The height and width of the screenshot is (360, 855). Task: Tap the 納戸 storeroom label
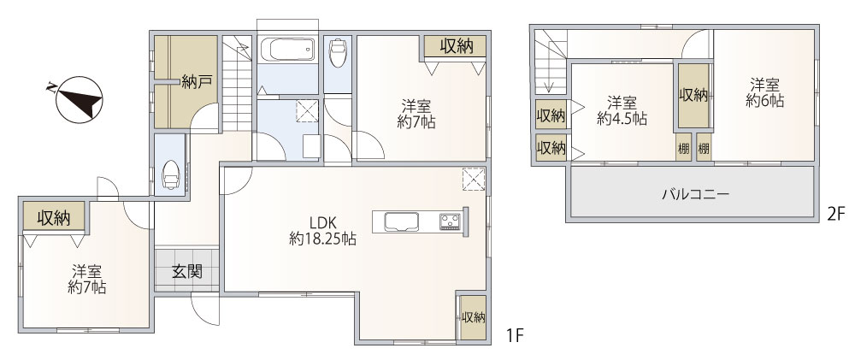point(197,82)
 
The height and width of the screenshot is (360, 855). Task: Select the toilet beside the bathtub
point(339,53)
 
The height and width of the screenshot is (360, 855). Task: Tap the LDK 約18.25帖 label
point(321,232)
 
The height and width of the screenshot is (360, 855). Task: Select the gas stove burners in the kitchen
point(450,222)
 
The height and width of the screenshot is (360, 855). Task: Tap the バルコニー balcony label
point(694,194)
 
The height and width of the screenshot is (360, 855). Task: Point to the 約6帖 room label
point(765,91)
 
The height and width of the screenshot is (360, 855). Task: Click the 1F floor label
point(514,336)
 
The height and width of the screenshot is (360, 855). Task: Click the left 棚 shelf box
point(683,147)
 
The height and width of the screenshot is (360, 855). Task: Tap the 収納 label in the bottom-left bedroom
point(53,218)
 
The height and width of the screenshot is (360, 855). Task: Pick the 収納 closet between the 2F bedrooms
point(693,95)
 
